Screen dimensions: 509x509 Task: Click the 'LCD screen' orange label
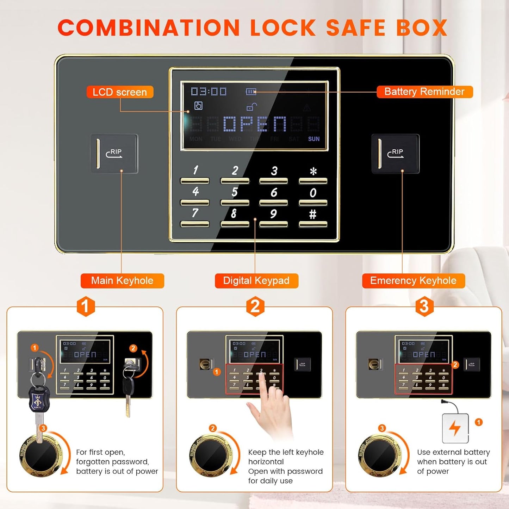point(120,92)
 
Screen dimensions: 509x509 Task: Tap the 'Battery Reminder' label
point(424,92)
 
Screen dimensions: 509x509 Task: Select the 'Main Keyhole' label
point(122,281)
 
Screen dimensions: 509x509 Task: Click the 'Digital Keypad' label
point(256,281)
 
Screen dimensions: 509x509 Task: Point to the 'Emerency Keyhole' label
point(413,281)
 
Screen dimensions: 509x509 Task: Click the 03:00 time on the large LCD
point(209,92)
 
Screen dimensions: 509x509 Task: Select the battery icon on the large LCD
point(251,92)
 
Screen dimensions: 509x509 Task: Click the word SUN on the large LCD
point(314,139)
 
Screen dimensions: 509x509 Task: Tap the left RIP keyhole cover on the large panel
point(114,154)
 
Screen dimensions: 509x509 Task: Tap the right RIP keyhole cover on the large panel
point(395,154)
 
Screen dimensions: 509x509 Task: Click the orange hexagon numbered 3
point(424,306)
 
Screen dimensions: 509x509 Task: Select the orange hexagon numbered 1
point(86,306)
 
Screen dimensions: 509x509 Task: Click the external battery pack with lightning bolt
point(455,428)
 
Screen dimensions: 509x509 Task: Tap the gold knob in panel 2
point(211,455)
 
